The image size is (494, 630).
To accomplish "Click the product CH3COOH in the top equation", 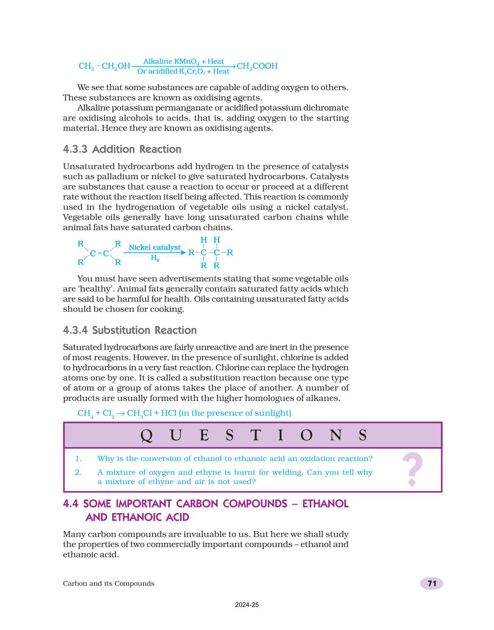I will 257,66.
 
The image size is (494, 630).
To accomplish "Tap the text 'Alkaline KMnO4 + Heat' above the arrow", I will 183,61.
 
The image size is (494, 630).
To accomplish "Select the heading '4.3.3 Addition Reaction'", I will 122,149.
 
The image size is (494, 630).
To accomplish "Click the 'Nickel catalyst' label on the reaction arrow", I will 155,247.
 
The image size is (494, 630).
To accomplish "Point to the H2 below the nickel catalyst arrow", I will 155,258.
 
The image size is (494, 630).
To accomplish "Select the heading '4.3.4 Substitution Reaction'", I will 130,330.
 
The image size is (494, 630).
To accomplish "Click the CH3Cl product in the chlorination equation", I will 139,413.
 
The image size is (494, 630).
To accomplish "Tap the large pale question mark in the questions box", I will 412,469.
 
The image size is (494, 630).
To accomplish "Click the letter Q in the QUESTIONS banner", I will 147,436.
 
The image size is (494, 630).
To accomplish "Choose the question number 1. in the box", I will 78,459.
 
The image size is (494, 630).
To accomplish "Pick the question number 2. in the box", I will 78,472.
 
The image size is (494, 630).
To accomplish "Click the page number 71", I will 432,584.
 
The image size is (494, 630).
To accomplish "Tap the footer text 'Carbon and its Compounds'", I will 109,584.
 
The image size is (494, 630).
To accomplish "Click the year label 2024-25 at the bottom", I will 247,605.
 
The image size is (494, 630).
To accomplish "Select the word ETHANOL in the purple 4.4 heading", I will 325,504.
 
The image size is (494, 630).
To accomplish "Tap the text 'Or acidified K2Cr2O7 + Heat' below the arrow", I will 183,71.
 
